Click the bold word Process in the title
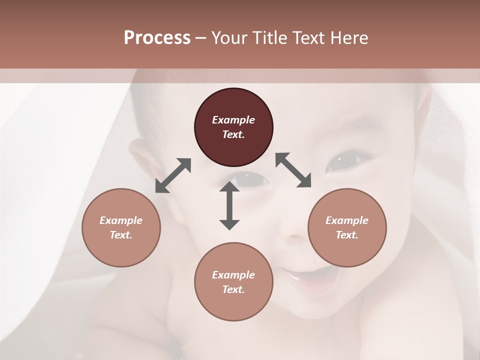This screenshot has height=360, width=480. [157, 38]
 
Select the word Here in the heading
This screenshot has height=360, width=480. [351, 38]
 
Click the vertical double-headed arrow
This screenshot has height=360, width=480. [229, 205]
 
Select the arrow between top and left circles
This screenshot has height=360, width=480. [173, 175]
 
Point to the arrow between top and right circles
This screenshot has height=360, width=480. [293, 170]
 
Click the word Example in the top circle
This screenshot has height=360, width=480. [233, 120]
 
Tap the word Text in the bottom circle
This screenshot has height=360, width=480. [233, 289]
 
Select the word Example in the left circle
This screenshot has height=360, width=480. [121, 220]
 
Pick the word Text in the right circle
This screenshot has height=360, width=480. [346, 235]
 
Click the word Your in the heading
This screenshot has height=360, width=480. [228, 38]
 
